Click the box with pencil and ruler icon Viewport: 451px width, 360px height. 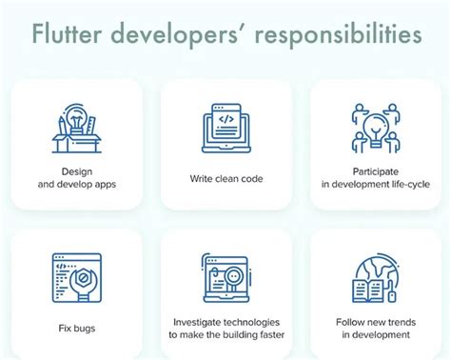pyautogui.click(x=76, y=127)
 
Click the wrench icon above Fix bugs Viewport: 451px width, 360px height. pyautogui.click(x=76, y=278)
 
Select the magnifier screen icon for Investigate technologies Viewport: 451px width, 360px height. pyautogui.click(x=225, y=280)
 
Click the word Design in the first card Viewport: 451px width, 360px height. pyautogui.click(x=77, y=172)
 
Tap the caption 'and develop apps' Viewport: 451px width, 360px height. pyautogui.click(x=76, y=185)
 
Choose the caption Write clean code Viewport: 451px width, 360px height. pyautogui.click(x=225, y=179)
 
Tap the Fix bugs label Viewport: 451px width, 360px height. pyautogui.click(x=76, y=329)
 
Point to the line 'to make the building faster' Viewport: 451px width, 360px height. pyautogui.click(x=225, y=335)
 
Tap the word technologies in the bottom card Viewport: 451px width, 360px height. pyautogui.click(x=253, y=322)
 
